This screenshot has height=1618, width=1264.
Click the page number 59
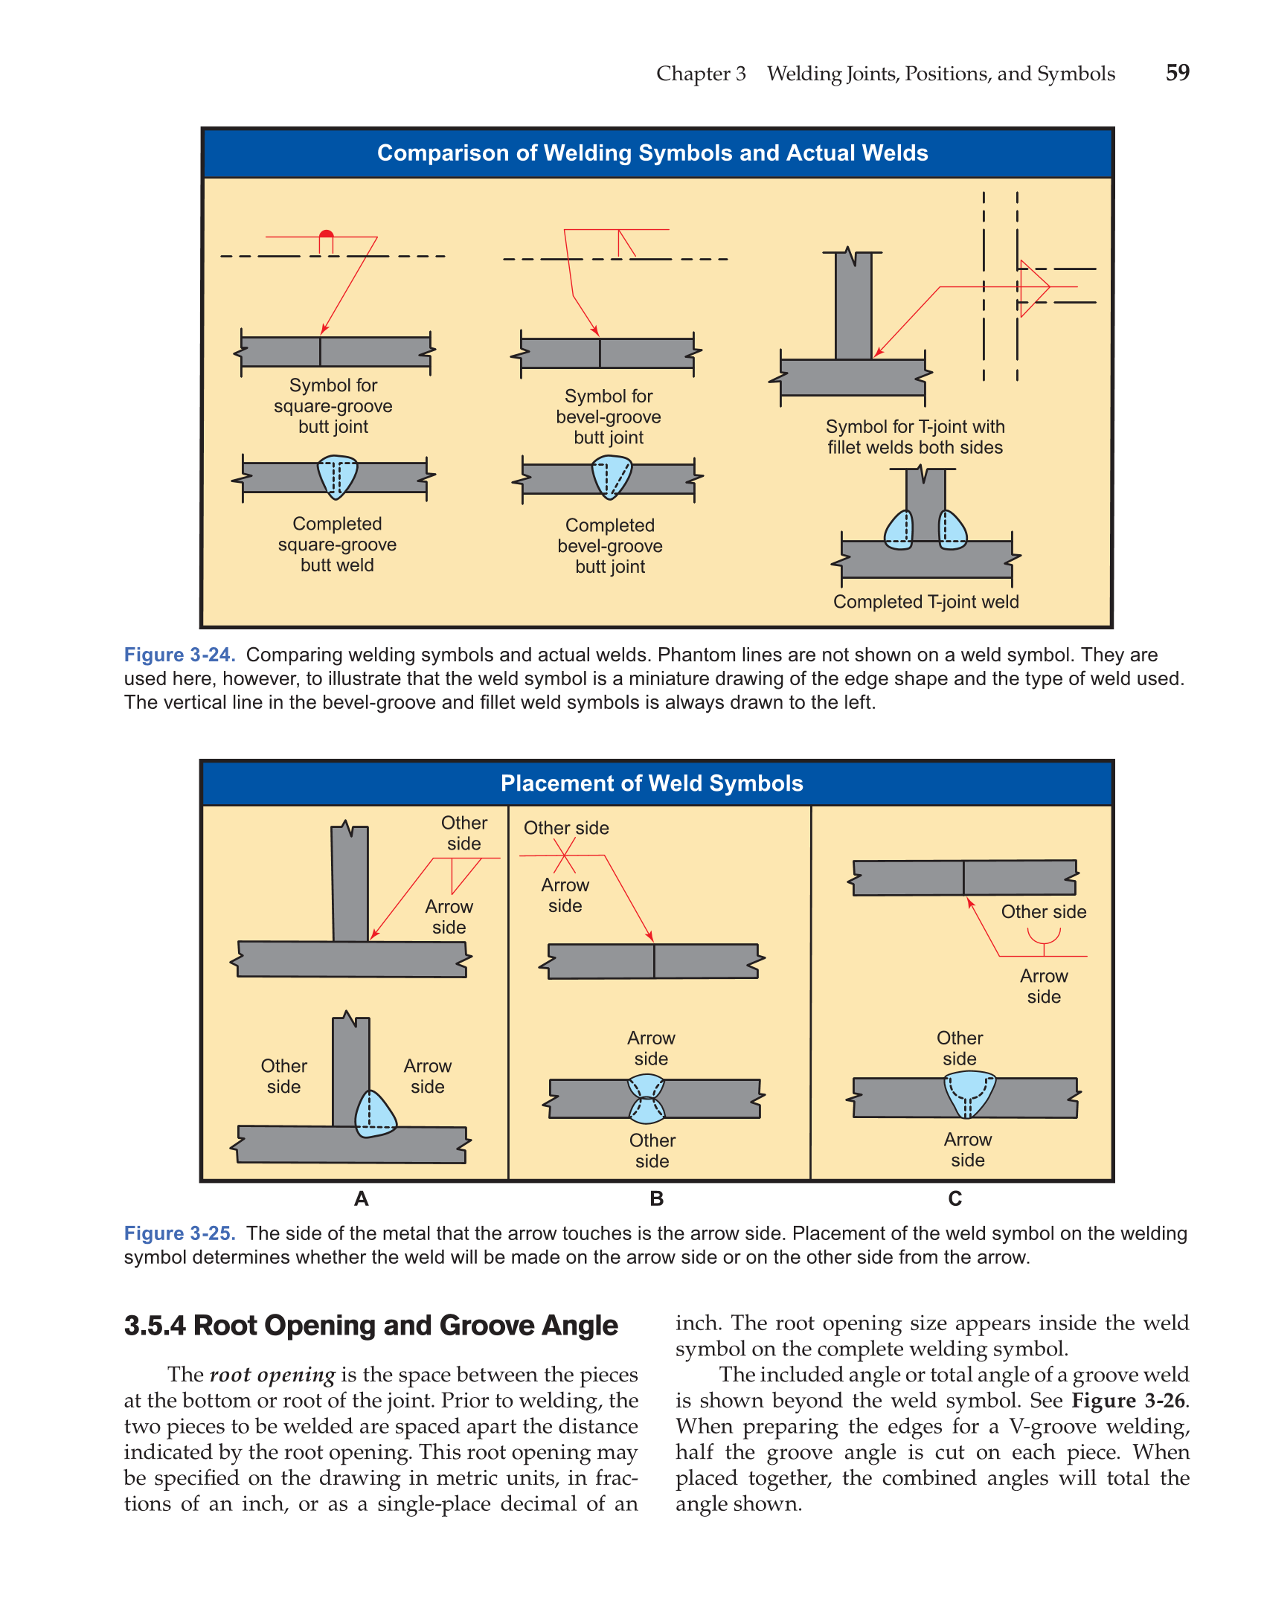coord(1177,73)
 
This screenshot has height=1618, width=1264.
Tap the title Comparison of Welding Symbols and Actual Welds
coord(652,153)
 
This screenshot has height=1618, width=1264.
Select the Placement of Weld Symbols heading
coord(652,783)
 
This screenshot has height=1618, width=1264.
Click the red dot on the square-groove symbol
coord(326,234)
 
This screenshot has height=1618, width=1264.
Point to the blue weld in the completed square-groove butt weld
coord(337,476)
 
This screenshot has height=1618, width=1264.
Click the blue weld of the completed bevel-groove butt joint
coord(611,476)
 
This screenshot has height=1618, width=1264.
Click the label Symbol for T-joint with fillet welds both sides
coord(915,437)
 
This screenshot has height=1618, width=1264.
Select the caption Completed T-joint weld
coord(925,602)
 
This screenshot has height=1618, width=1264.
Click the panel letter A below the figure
coord(362,1198)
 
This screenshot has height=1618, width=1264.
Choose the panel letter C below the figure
coord(955,1198)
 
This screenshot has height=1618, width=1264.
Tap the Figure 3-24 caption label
coord(179,655)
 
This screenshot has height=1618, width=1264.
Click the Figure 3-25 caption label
coord(179,1233)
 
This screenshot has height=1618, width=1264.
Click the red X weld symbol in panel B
coord(564,855)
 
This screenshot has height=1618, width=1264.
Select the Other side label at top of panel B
coord(566,828)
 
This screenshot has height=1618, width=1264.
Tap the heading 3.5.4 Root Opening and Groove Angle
coord(370,1326)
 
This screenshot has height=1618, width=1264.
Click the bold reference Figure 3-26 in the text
coord(1129,1401)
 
